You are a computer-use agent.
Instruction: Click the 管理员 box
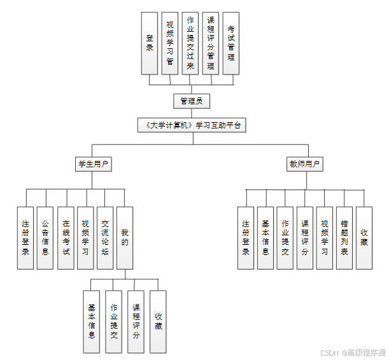pos(191,101)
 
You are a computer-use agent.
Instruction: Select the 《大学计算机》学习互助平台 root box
pos(192,125)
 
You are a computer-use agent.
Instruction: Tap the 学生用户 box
pos(92,164)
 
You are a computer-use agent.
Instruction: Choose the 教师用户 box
pos(304,164)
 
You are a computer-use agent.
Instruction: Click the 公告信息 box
pos(45,237)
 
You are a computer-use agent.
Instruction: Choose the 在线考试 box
pos(66,237)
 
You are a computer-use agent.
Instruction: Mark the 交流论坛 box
pos(105,237)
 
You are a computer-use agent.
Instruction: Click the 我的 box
pos(125,237)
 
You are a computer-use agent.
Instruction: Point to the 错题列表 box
pos(344,237)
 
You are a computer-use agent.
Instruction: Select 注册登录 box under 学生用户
pos(25,237)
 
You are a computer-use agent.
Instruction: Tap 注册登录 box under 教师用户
pos(246,237)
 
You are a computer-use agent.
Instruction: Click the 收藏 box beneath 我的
pos(158,321)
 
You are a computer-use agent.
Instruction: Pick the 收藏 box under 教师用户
pos(364,237)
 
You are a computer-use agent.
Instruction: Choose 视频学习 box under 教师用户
pos(325,237)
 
